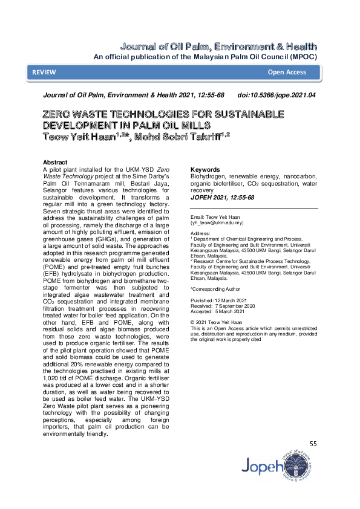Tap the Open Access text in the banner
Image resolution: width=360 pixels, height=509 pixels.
(x=287, y=73)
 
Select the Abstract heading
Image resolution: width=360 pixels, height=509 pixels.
(x=55, y=163)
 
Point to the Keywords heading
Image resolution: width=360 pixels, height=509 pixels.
(x=206, y=170)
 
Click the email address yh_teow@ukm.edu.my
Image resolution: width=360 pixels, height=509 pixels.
(x=215, y=222)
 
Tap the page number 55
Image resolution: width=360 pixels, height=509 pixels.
(x=313, y=444)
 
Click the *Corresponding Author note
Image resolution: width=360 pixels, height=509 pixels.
(x=215, y=290)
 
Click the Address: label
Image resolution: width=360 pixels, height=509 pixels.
(x=200, y=233)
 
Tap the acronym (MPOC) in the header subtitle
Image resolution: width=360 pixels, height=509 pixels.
(x=300, y=56)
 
